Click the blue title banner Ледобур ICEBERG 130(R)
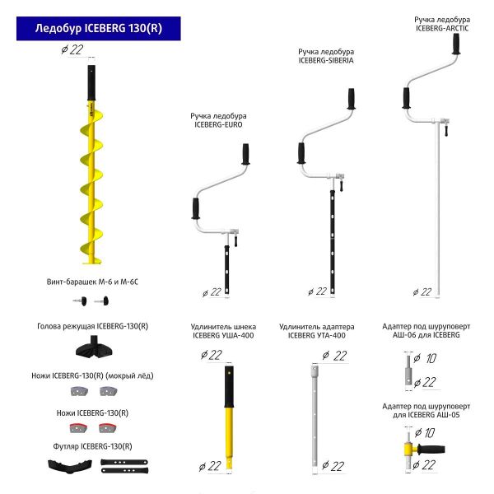coord(98,28)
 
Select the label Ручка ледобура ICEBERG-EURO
coord(220,120)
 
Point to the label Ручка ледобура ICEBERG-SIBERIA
coord(325,56)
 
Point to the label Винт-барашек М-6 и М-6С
coord(92,282)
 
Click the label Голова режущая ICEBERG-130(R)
coord(92,325)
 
